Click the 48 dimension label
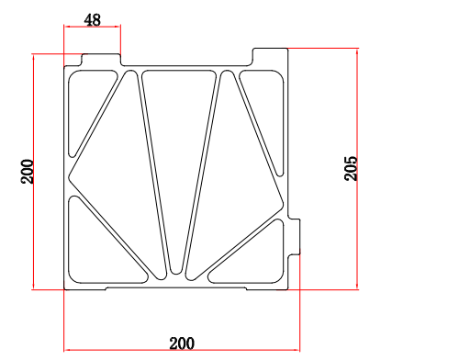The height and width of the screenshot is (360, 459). pos(92,20)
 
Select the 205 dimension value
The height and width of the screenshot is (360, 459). pos(351,168)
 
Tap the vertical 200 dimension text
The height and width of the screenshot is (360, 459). pos(27,172)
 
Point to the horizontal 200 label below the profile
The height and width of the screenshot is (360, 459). pos(182,343)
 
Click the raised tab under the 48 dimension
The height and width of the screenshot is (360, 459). pos(101,60)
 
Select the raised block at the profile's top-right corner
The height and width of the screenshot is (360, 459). pos(270,57)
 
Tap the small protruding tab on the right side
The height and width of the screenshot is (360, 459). pos(294,237)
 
